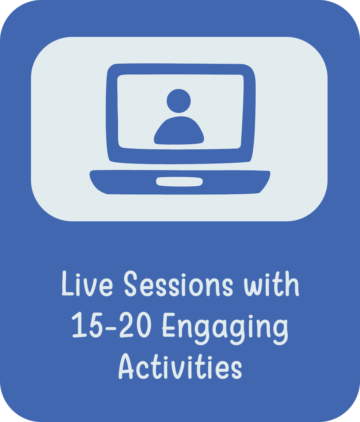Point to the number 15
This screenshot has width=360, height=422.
pyautogui.click(x=87, y=325)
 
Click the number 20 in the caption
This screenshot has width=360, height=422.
pyautogui.click(x=135, y=325)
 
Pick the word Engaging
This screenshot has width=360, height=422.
pyautogui.click(x=225, y=328)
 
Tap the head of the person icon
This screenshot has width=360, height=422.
pyautogui.click(x=179, y=101)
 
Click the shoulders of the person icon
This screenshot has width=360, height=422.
pyautogui.click(x=179, y=131)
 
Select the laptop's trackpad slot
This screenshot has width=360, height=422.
pyautogui.click(x=180, y=181)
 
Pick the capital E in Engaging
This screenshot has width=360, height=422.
pyautogui.click(x=169, y=325)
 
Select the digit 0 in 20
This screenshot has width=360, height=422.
pyautogui.click(x=144, y=325)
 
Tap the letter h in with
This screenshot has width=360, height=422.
pyautogui.click(x=292, y=283)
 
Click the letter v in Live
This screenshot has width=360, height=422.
pyautogui.click(x=89, y=287)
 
